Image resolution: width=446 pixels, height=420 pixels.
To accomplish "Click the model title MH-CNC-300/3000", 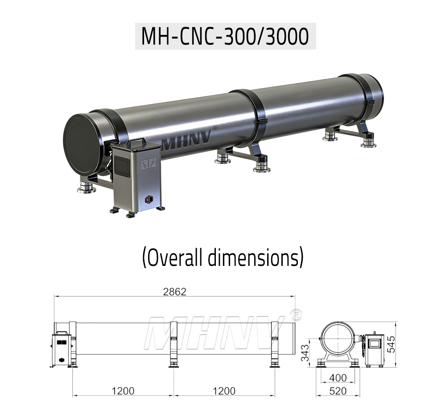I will [x=225, y=37].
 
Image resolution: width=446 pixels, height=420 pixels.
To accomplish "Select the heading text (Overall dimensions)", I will [x=223, y=257].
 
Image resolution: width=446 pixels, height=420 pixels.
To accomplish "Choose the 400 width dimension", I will [x=337, y=378].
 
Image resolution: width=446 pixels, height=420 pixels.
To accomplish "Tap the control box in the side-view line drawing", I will [x=61, y=349].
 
